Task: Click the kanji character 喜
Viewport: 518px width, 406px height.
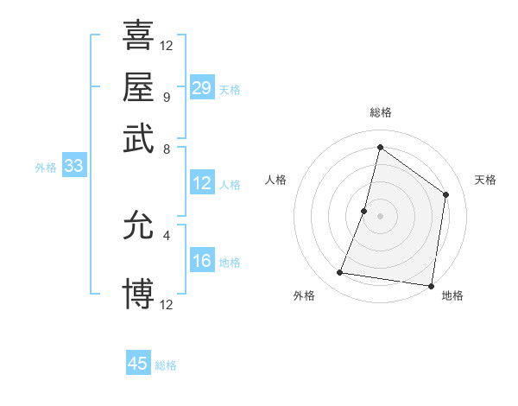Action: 138,35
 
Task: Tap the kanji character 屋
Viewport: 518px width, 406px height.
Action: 138,86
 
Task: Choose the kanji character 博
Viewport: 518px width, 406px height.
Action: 138,294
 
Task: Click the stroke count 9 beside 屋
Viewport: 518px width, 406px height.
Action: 166,97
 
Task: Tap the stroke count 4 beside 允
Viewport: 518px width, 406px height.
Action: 166,234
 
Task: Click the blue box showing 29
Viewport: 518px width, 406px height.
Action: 202,87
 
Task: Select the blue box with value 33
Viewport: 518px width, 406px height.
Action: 73,167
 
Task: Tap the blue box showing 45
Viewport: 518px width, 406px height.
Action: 138,364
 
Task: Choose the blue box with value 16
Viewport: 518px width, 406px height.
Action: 202,261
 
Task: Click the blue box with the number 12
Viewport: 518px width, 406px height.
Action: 202,183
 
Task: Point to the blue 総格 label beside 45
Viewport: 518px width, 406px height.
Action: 166,365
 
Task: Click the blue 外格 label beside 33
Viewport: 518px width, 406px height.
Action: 46,168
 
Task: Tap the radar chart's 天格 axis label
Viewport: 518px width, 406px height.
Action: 485,180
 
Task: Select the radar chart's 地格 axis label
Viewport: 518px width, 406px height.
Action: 452,295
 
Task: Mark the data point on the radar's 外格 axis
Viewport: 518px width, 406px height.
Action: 340,273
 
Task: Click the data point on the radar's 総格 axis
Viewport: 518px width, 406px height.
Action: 380,146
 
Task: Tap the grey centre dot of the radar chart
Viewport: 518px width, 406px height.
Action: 380,215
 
